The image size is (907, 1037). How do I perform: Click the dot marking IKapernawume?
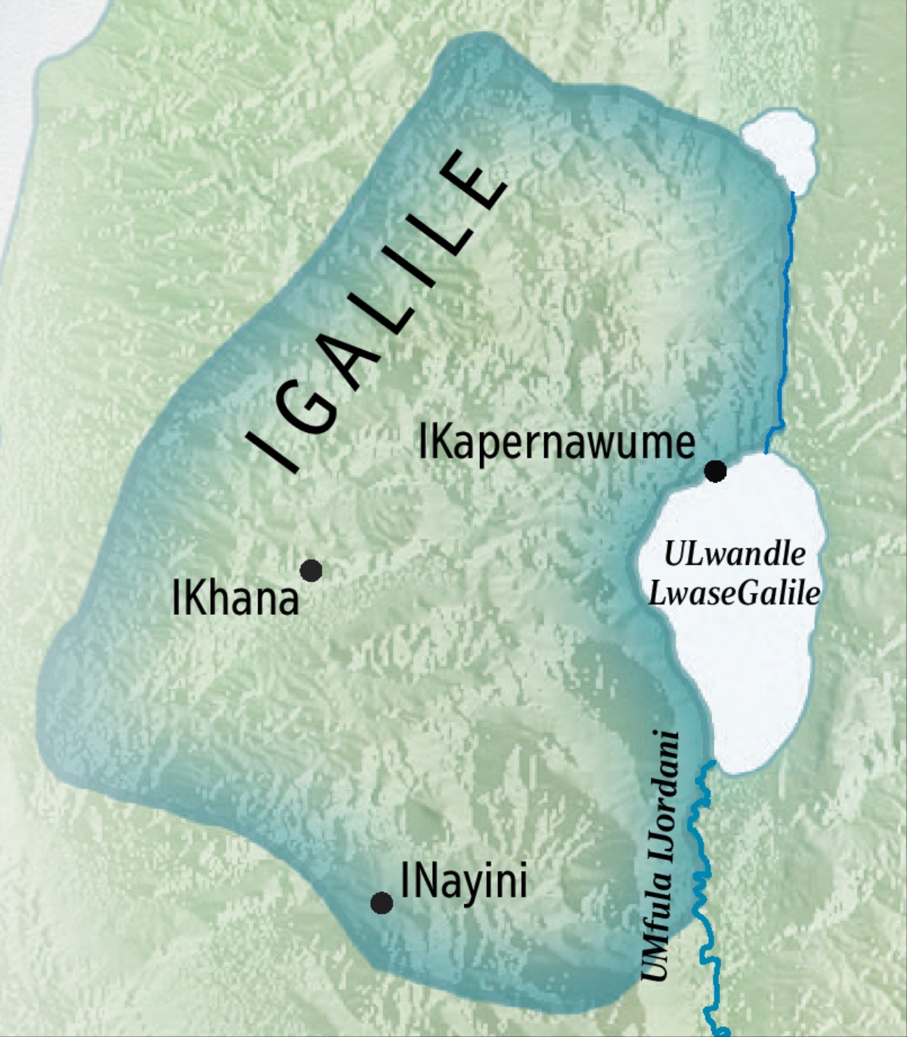coord(715,471)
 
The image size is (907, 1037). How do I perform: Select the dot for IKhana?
coord(311,570)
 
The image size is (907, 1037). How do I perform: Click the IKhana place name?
coord(235,600)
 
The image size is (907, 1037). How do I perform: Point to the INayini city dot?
coord(382,903)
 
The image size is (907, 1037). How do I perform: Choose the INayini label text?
coord(463,881)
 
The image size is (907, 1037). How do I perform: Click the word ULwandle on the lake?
coord(734,555)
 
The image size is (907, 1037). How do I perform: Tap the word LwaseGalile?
coord(734,594)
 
